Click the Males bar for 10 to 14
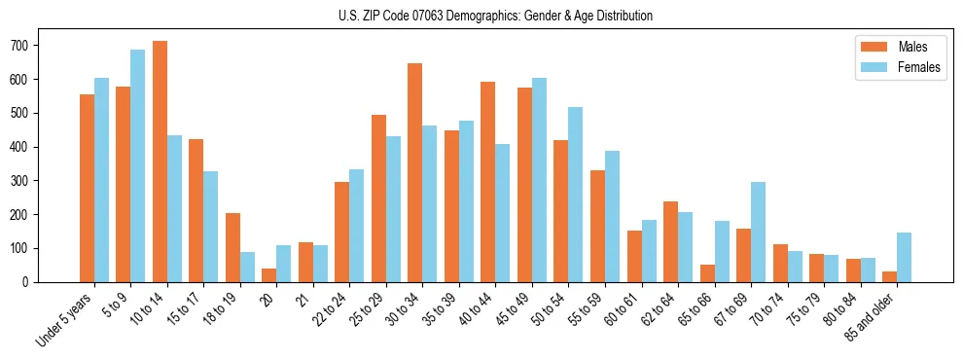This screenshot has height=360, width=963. click(x=160, y=162)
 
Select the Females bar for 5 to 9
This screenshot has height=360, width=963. click(x=137, y=165)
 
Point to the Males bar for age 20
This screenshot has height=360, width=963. click(x=269, y=275)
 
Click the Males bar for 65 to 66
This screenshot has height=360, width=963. click(x=707, y=273)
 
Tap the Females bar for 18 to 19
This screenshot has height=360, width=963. click(x=247, y=267)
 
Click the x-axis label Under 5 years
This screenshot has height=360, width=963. click(x=66, y=319)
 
